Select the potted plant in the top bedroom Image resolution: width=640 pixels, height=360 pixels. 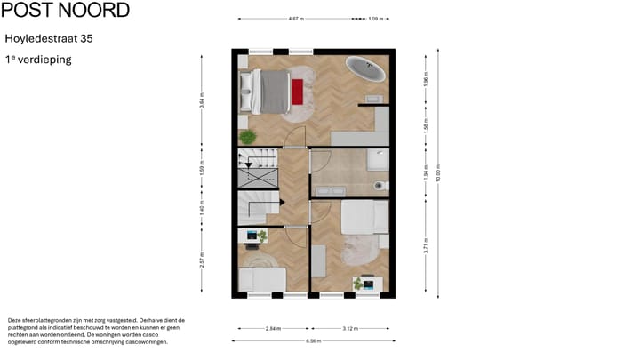(x=248, y=136)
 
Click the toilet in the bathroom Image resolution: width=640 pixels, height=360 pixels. (x=380, y=186)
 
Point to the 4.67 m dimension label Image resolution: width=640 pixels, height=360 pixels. (x=296, y=18)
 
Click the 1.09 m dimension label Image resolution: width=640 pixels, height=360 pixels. (x=375, y=18)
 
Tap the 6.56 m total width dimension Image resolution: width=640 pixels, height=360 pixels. (x=312, y=340)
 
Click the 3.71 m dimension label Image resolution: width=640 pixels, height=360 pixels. (x=426, y=246)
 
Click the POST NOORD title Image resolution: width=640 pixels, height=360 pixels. (x=67, y=11)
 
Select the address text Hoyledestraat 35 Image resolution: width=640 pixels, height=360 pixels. (x=49, y=39)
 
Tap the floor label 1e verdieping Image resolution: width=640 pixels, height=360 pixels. (x=38, y=60)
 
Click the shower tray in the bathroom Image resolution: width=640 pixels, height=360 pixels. (x=379, y=160)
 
